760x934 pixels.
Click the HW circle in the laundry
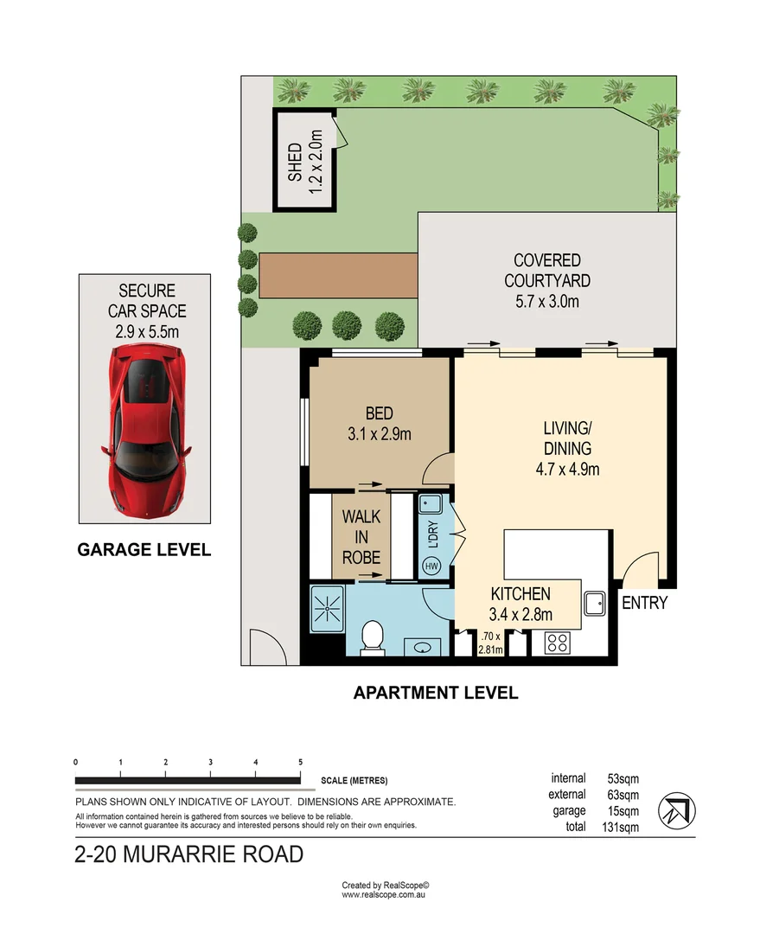coord(431,566)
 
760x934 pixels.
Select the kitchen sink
coord(594,602)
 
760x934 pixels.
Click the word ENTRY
coord(644,603)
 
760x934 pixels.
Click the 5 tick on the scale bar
coord(300,762)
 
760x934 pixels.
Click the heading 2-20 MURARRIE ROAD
coord(189,855)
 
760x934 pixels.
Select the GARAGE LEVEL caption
coord(144,549)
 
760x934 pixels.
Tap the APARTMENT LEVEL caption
coord(436,693)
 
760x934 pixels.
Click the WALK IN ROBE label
coord(361,537)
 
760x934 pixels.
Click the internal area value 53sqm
coord(623,778)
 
